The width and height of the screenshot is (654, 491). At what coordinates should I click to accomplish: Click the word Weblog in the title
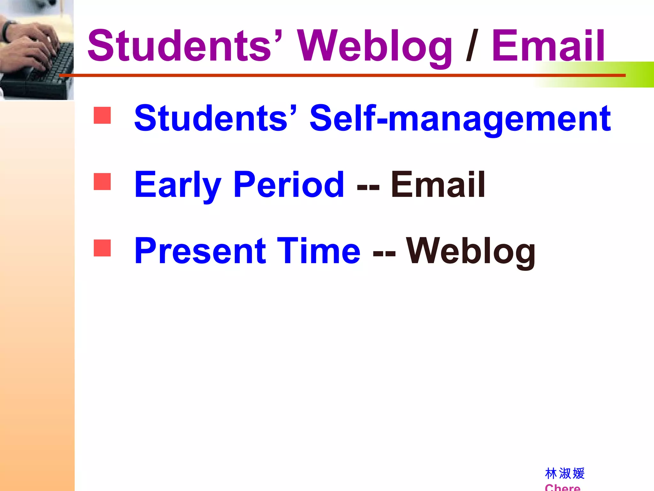[374, 46]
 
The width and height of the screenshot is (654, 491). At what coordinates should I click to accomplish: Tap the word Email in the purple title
[548, 46]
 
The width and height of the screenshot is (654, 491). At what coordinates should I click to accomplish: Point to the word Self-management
[460, 119]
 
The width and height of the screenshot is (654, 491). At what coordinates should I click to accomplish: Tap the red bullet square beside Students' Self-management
[102, 115]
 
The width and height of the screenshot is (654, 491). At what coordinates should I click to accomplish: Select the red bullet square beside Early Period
[102, 182]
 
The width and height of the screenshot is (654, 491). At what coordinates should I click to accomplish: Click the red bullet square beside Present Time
[102, 248]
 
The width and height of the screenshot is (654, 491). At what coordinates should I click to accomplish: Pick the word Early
[178, 185]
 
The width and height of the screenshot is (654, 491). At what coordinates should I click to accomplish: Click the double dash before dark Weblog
[384, 253]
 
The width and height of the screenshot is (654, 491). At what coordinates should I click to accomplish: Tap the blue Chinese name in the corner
[565, 473]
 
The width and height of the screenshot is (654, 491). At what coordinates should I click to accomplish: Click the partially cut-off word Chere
[562, 488]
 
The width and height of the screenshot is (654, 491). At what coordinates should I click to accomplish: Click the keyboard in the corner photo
[48, 72]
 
